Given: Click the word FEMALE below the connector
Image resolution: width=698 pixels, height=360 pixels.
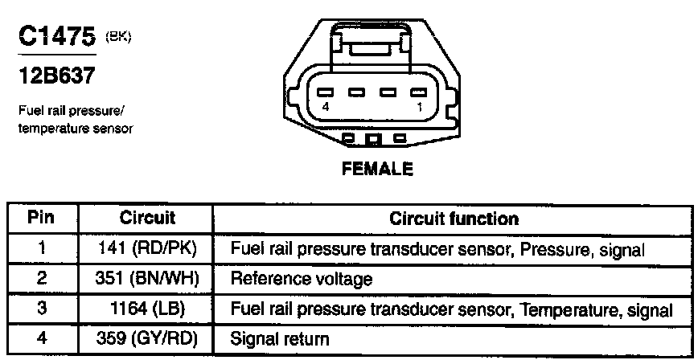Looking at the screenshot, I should coord(377,170).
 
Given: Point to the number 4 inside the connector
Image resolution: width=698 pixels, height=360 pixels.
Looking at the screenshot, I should coord(326,106).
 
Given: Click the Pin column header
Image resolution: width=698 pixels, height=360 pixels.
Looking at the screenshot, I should coord(41,218).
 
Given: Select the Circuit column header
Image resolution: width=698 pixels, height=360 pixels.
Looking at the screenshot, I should coord(147,218).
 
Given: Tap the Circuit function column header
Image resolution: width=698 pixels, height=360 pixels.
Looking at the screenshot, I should coord(454,218).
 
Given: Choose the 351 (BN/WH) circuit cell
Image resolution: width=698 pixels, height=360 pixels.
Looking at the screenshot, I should coord(147,279).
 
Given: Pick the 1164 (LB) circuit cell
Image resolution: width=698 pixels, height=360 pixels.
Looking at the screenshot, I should coord(147,309).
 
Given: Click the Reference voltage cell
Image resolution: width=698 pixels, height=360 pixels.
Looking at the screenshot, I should coord(302,279).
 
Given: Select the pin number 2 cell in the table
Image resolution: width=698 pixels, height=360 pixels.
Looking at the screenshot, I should coord(41,279).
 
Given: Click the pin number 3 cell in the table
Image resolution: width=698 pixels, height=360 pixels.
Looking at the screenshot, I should coord(41,309).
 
